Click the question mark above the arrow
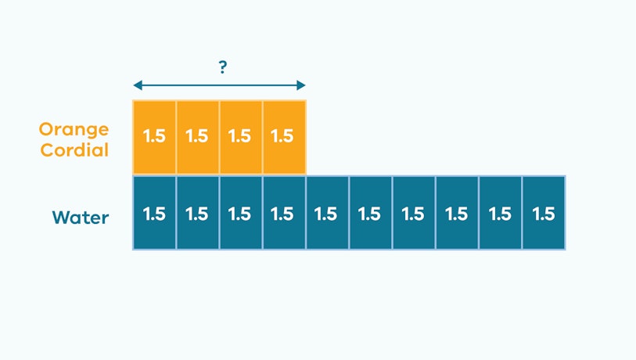(223, 67)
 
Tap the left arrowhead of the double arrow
(138, 85)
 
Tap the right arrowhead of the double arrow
(301, 85)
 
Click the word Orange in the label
(74, 130)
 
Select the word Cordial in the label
(74, 149)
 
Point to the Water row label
(81, 218)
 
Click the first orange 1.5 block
(155, 137)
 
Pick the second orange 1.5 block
(198, 137)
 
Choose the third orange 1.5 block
(241, 137)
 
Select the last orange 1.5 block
(284, 137)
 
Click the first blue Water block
(155, 213)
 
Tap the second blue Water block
(198, 213)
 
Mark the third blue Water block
(241, 213)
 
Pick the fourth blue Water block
(284, 213)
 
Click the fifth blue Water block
(327, 213)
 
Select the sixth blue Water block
(371, 213)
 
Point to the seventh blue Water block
(414, 213)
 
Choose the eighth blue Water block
(457, 213)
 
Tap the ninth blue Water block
(500, 213)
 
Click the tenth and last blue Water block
(544, 213)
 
